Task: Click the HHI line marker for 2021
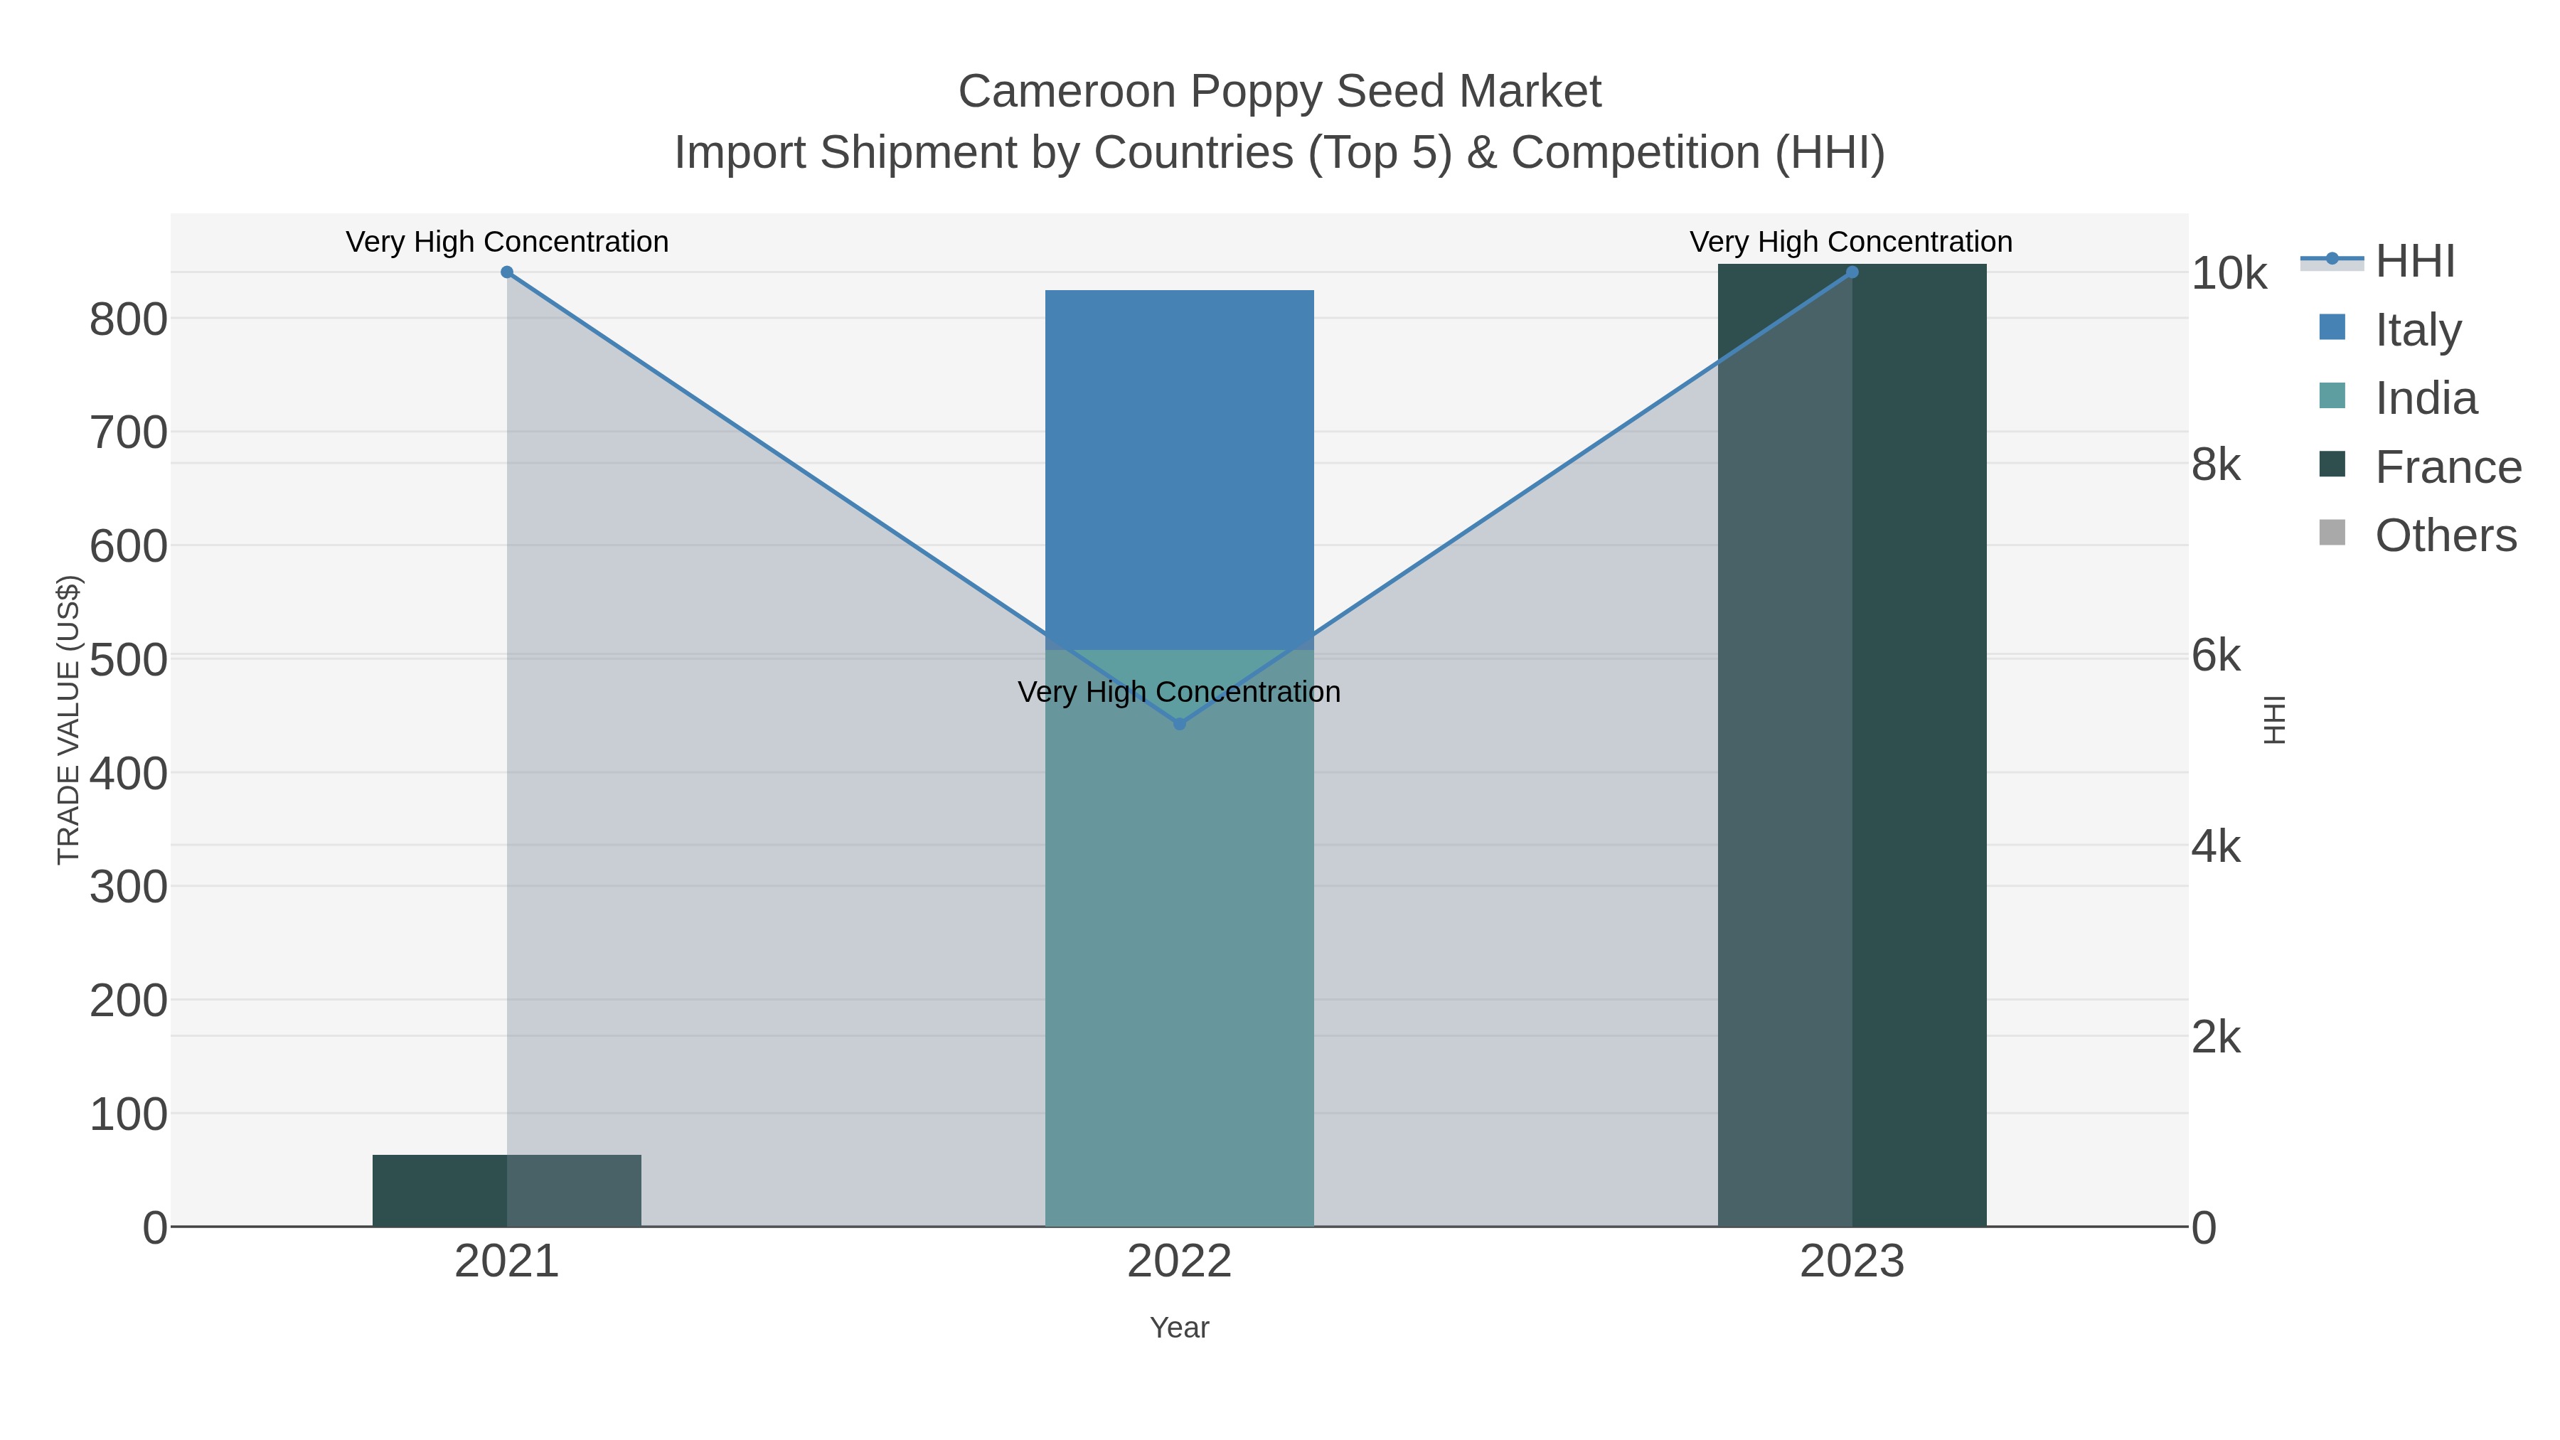[507, 272]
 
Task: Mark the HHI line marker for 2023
[1852, 272]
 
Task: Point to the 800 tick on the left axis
[128, 320]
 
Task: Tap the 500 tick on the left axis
[128, 660]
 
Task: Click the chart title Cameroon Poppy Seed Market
[1279, 92]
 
